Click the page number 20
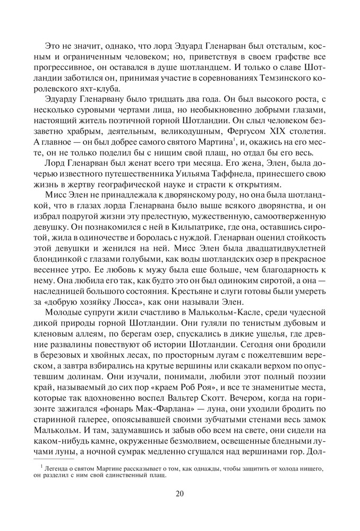(x=179, y=493)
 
